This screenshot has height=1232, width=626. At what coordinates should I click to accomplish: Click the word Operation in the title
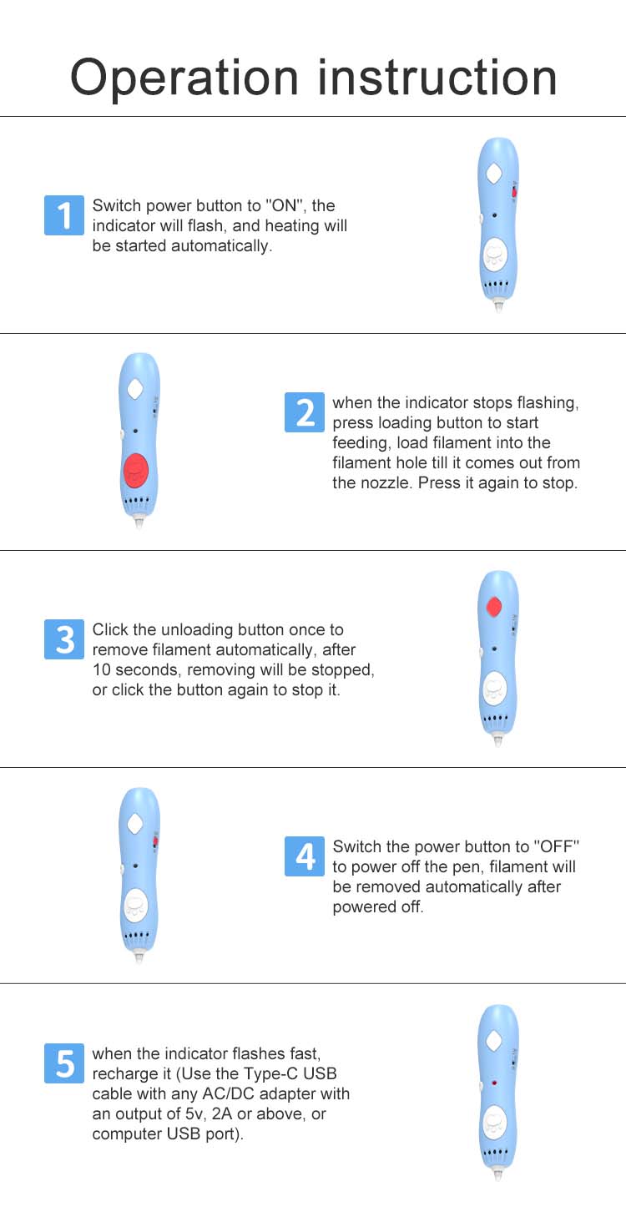(184, 78)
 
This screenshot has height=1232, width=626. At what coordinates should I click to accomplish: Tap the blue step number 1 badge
(64, 215)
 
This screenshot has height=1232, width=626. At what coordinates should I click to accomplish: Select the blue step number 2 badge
(304, 412)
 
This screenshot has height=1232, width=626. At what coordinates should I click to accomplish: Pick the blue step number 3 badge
(64, 639)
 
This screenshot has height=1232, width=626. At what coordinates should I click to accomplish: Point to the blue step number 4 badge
(304, 856)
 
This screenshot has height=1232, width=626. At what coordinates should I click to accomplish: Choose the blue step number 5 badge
(64, 1063)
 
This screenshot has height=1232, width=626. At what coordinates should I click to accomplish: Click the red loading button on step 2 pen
(135, 470)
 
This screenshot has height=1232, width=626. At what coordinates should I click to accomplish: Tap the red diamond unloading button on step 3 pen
(494, 607)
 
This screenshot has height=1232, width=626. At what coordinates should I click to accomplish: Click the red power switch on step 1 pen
(514, 192)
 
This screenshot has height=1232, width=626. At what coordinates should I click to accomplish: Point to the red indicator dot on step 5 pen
(494, 1083)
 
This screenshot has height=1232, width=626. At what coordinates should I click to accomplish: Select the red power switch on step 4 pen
(155, 841)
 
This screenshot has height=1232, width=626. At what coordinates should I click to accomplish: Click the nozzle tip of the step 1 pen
(498, 308)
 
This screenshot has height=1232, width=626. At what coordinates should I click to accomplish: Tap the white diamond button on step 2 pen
(135, 390)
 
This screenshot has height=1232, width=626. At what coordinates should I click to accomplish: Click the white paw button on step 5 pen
(494, 1122)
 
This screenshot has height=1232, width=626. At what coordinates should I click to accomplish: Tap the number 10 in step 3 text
(102, 670)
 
